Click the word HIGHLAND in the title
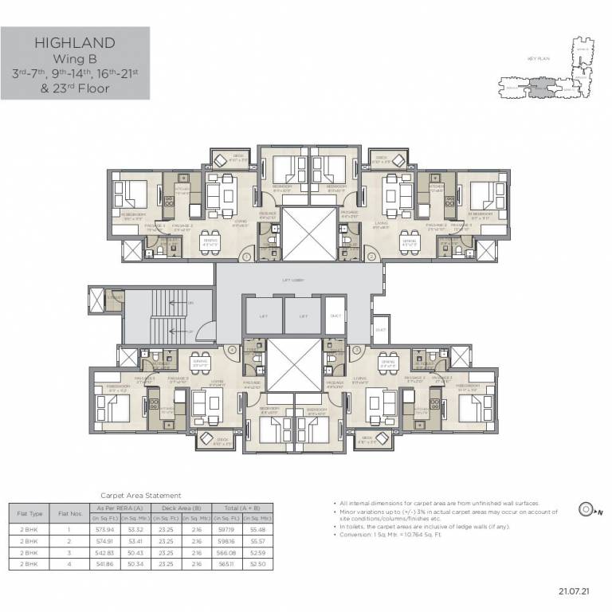tap(76, 43)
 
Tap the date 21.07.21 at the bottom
tap(572, 591)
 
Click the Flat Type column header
tap(27, 513)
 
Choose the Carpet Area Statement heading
tap(140, 495)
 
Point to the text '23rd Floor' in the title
tap(76, 88)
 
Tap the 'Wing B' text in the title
tap(76, 58)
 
